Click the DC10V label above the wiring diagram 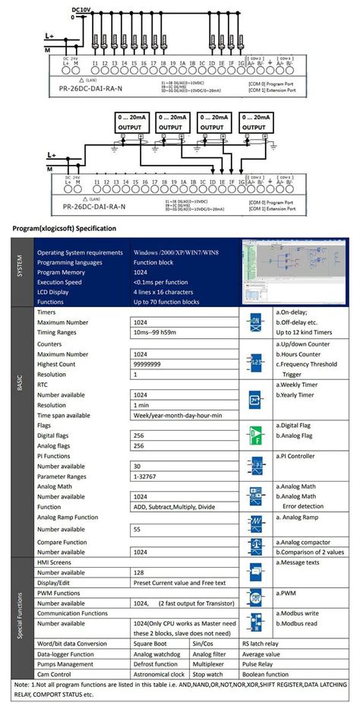84,9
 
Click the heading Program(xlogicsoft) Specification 65,228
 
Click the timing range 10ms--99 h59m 163,332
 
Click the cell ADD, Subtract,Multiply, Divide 174,507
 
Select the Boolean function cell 267,673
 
